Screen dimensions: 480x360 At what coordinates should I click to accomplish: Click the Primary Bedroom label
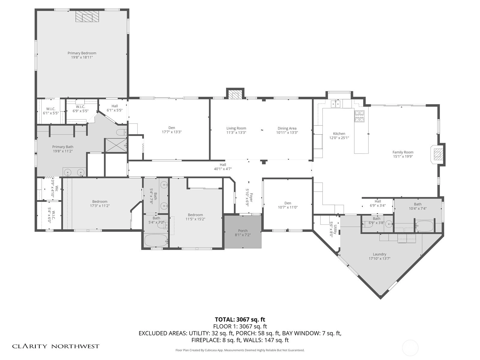82,53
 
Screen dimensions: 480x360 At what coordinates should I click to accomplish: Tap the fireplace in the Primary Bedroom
87,16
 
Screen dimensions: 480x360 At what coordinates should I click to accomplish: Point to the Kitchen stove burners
359,116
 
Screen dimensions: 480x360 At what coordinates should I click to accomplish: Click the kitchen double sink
335,104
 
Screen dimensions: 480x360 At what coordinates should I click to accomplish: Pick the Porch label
243,231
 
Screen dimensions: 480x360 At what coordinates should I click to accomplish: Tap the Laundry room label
379,254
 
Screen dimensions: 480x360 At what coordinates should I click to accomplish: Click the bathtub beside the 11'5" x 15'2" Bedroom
156,240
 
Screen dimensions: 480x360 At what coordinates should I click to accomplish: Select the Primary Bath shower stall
116,145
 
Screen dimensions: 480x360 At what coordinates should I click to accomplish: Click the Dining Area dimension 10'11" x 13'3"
287,133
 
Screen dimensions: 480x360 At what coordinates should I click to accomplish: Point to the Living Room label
236,128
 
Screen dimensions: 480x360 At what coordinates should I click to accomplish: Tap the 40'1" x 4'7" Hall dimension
223,169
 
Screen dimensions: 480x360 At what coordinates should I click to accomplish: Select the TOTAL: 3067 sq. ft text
240,319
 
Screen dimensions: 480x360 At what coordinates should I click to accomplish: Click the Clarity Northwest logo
55,346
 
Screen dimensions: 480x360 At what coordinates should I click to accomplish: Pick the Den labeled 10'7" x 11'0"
288,203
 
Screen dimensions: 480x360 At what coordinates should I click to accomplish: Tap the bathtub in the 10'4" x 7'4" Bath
424,226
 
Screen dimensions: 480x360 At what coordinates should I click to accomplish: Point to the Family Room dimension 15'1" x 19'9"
403,156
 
